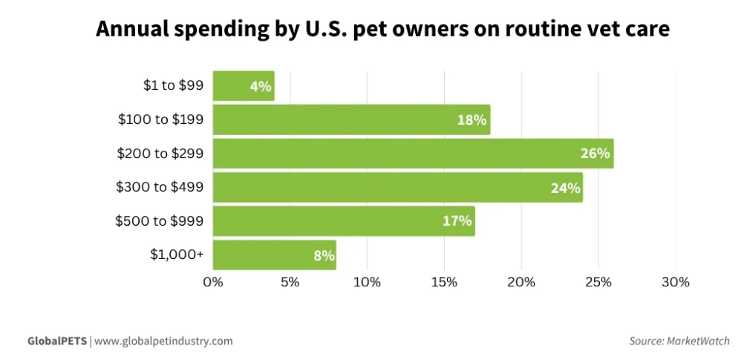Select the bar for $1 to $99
click(x=243, y=86)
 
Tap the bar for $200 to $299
click(x=412, y=154)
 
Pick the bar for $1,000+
click(x=274, y=255)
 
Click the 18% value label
click(x=472, y=120)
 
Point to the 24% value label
click(x=565, y=188)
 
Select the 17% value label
click(x=457, y=221)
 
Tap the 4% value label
click(x=260, y=86)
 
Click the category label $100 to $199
click(x=161, y=119)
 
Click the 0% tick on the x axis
click(x=213, y=282)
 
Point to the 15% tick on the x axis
click(x=444, y=282)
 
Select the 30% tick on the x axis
click(x=675, y=282)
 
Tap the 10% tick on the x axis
click(x=367, y=282)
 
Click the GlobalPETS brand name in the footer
click(x=57, y=341)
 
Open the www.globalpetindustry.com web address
click(x=163, y=341)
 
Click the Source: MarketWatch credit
click(x=679, y=341)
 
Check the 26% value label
click(x=595, y=154)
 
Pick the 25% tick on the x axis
click(x=599, y=282)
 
